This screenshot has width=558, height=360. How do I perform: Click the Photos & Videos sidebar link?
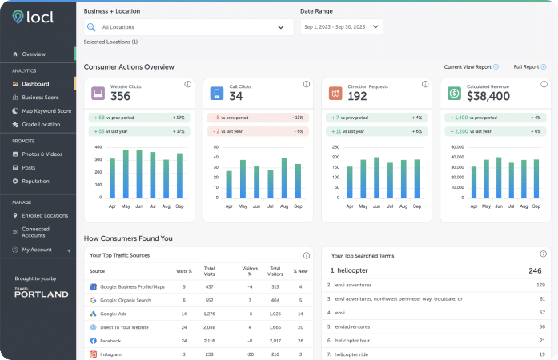pyautogui.click(x=42, y=154)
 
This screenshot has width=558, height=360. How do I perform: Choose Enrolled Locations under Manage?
pyautogui.click(x=45, y=215)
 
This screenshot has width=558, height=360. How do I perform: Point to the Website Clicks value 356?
pyautogui.click(x=120, y=97)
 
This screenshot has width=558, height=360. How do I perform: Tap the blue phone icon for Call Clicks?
pyautogui.click(x=216, y=94)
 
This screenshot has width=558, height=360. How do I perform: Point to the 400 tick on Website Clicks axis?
pyautogui.click(x=98, y=147)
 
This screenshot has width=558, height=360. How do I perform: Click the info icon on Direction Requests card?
pyautogui.click(x=425, y=84)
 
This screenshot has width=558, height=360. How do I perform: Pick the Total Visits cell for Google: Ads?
pyautogui.click(x=210, y=314)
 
